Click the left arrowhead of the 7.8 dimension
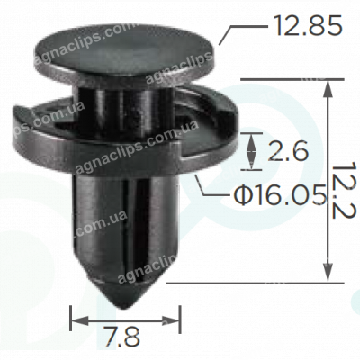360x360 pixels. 74,317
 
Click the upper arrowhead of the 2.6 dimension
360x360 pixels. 251,138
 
